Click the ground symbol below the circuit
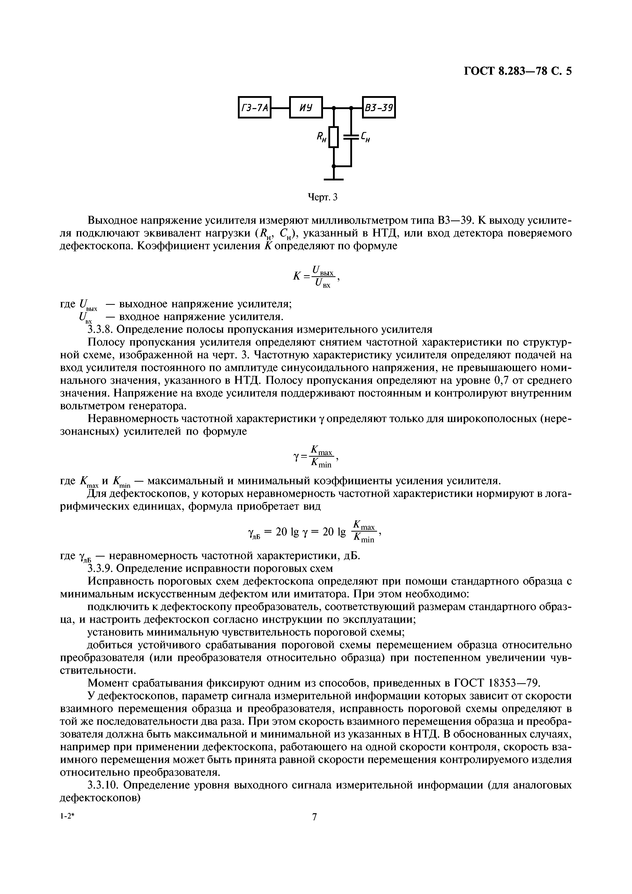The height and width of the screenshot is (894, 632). tap(333, 179)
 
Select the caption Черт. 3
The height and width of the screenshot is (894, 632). tap(322, 198)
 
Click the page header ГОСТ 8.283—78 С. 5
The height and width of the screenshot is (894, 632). tap(518, 71)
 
